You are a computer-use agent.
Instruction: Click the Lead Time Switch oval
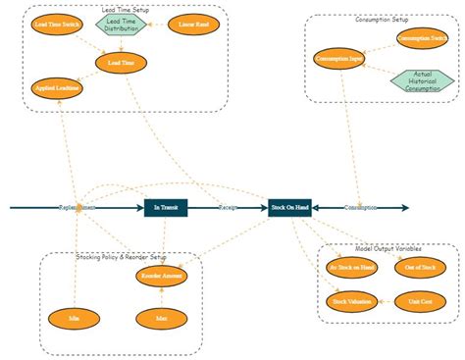tap(57, 22)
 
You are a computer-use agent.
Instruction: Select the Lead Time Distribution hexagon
tap(122, 25)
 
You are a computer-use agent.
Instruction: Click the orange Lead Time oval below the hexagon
tap(122, 63)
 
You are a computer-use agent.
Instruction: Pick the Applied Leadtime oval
tap(57, 88)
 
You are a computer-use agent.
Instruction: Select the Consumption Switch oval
tap(423, 38)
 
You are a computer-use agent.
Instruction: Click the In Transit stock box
tap(164, 207)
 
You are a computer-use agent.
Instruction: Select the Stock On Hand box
tap(289, 207)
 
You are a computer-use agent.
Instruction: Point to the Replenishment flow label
tap(77, 208)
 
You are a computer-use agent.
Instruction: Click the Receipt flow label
tap(228, 208)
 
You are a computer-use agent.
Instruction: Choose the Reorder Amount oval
tap(161, 278)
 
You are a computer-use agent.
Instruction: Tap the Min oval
tap(74, 319)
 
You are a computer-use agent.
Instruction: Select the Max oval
tap(160, 319)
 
